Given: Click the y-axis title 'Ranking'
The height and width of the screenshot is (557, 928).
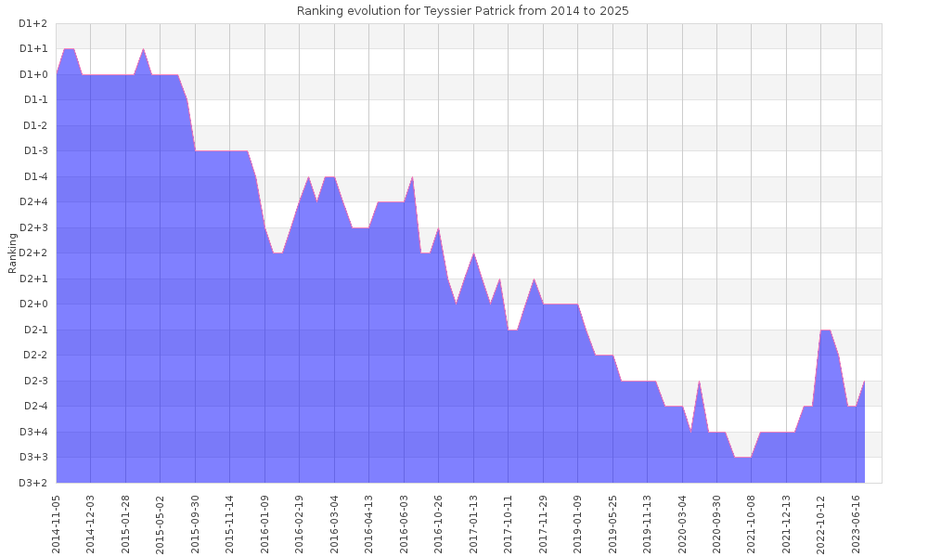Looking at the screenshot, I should [x=13, y=253].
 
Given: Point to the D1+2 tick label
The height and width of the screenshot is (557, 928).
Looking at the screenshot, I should [x=33, y=23].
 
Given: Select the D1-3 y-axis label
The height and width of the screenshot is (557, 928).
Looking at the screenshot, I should [x=34, y=150].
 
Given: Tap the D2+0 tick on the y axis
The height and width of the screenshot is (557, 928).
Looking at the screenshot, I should [x=33, y=304].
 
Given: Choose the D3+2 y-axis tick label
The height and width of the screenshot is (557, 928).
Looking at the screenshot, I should [x=33, y=483].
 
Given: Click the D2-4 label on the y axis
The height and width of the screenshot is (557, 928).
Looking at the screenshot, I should [x=34, y=406].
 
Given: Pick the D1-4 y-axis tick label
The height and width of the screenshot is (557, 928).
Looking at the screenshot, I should [x=34, y=176].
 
